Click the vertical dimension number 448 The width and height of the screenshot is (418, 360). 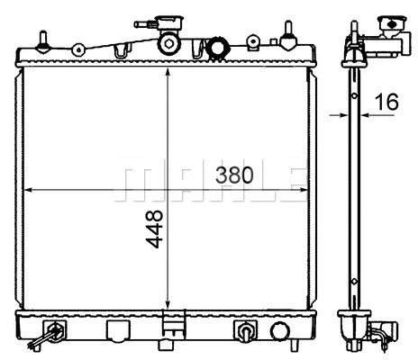pyautogui.click(x=154, y=231)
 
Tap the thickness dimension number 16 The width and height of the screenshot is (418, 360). pyautogui.click(x=386, y=103)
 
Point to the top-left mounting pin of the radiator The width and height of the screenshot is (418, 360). pyautogui.click(x=44, y=40)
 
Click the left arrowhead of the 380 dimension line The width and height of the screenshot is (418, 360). pyautogui.click(x=27, y=191)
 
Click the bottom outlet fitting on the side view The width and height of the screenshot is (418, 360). pyautogui.click(x=383, y=335)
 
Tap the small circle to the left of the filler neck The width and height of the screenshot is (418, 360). pyautogui.click(x=79, y=49)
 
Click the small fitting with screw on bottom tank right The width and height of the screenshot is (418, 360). pyautogui.click(x=244, y=330)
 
